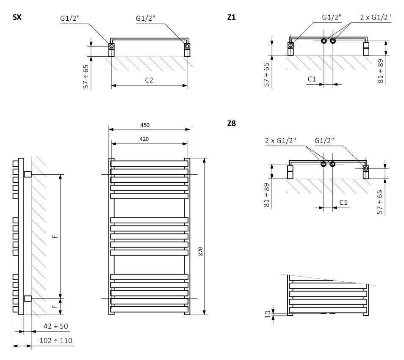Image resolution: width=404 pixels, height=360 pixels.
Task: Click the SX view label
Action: (x=17, y=18)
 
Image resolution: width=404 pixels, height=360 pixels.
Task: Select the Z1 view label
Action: (x=232, y=18)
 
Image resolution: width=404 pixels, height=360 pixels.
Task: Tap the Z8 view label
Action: (x=232, y=124)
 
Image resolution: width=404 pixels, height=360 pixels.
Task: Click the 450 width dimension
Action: (x=145, y=125)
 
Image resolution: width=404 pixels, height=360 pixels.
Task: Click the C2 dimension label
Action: (x=149, y=80)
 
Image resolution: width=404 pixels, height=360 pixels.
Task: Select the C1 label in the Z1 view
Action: (x=312, y=79)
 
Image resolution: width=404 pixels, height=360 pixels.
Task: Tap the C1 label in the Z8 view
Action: (x=343, y=203)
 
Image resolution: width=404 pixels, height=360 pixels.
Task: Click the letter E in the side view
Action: (x=55, y=236)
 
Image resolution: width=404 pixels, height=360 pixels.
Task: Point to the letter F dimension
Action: (x=55, y=306)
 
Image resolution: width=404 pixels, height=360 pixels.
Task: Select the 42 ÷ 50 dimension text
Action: (x=55, y=326)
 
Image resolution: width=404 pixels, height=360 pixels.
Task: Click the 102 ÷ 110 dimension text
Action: (x=55, y=341)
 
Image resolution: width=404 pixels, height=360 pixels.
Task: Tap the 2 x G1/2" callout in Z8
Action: (x=280, y=140)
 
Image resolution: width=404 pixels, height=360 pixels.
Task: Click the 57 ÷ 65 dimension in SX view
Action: (x=86, y=77)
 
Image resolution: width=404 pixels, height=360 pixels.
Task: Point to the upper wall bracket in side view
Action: (x=28, y=174)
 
